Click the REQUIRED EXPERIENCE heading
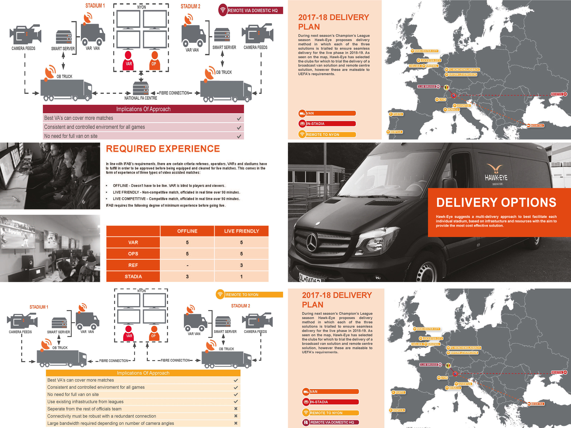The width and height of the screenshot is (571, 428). point(163,149)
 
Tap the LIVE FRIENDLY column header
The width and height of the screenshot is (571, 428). point(241,231)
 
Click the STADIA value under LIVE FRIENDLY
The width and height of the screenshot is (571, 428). point(241,277)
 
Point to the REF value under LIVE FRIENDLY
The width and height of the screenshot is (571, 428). point(241,265)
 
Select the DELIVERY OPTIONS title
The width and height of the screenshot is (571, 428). point(496,203)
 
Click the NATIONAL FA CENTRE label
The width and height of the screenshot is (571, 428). point(141,98)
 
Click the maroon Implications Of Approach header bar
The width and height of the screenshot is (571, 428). point(143,109)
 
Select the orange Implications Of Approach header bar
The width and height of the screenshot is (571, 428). point(143,373)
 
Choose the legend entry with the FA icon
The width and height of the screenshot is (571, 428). point(330,422)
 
